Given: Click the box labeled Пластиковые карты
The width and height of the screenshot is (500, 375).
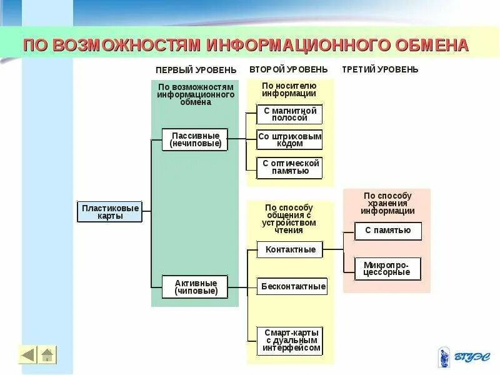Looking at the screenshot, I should [110, 212].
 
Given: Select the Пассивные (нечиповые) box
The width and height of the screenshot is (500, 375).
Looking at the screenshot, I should [195, 139].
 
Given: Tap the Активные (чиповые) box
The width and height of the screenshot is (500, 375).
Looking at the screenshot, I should [196, 287].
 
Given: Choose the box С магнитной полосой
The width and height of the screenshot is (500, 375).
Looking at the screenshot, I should [289, 114].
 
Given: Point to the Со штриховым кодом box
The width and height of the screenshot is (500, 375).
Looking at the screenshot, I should [289, 139].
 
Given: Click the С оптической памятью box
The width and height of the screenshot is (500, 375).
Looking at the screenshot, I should [289, 167].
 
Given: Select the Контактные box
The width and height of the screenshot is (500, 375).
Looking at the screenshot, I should [290, 249].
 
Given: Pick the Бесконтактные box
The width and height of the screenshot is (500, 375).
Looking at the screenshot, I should [292, 286].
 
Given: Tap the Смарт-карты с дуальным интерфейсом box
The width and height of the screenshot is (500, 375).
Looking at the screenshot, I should [291, 340].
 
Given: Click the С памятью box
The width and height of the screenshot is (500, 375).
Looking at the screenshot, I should [387, 231].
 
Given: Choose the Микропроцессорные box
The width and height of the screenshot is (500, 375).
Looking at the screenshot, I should [387, 268].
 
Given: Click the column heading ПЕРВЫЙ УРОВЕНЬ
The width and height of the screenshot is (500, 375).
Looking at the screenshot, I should [196, 69].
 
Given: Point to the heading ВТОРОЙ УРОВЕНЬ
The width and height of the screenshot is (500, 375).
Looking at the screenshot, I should [288, 69].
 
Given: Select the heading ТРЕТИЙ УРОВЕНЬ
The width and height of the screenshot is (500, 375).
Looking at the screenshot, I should [380, 69].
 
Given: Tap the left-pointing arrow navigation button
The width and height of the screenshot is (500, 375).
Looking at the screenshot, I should [27, 355].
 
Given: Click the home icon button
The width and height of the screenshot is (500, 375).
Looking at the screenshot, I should [47, 355].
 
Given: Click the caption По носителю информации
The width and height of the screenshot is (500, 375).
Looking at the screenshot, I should [289, 89].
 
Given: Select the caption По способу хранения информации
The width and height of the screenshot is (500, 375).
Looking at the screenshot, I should [387, 203].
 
